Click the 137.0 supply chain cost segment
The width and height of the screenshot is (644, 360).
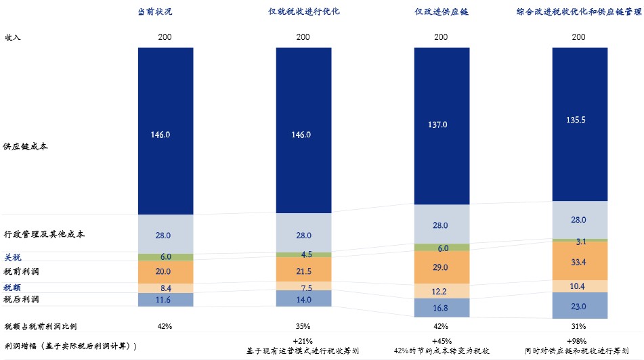click(440, 125)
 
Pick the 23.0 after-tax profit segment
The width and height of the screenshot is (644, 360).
click(578, 306)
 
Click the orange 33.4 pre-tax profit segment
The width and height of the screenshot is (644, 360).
click(578, 261)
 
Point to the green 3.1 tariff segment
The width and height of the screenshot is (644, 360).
click(578, 240)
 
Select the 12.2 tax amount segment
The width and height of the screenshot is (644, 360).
click(440, 291)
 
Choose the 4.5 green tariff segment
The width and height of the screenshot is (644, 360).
click(303, 254)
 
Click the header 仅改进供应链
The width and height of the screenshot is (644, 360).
click(440, 12)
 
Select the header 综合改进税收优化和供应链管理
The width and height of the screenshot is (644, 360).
click(578, 12)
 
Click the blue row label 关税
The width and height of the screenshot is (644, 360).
click(13, 257)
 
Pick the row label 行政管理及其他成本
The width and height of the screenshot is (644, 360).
click(44, 234)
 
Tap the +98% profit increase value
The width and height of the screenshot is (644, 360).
click(578, 340)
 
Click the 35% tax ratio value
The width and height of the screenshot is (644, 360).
click(303, 326)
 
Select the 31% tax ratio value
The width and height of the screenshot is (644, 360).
click(578, 326)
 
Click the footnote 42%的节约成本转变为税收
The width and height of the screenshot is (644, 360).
click(440, 351)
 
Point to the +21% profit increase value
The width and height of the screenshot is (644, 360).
click(303, 340)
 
